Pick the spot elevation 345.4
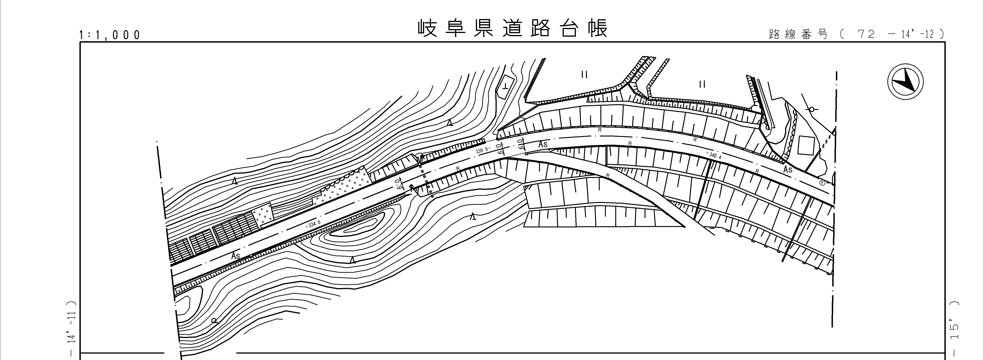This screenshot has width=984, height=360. coord(714,155)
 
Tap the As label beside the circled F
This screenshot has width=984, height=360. coord(788,169)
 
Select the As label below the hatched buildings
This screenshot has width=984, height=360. coord(236,255)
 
